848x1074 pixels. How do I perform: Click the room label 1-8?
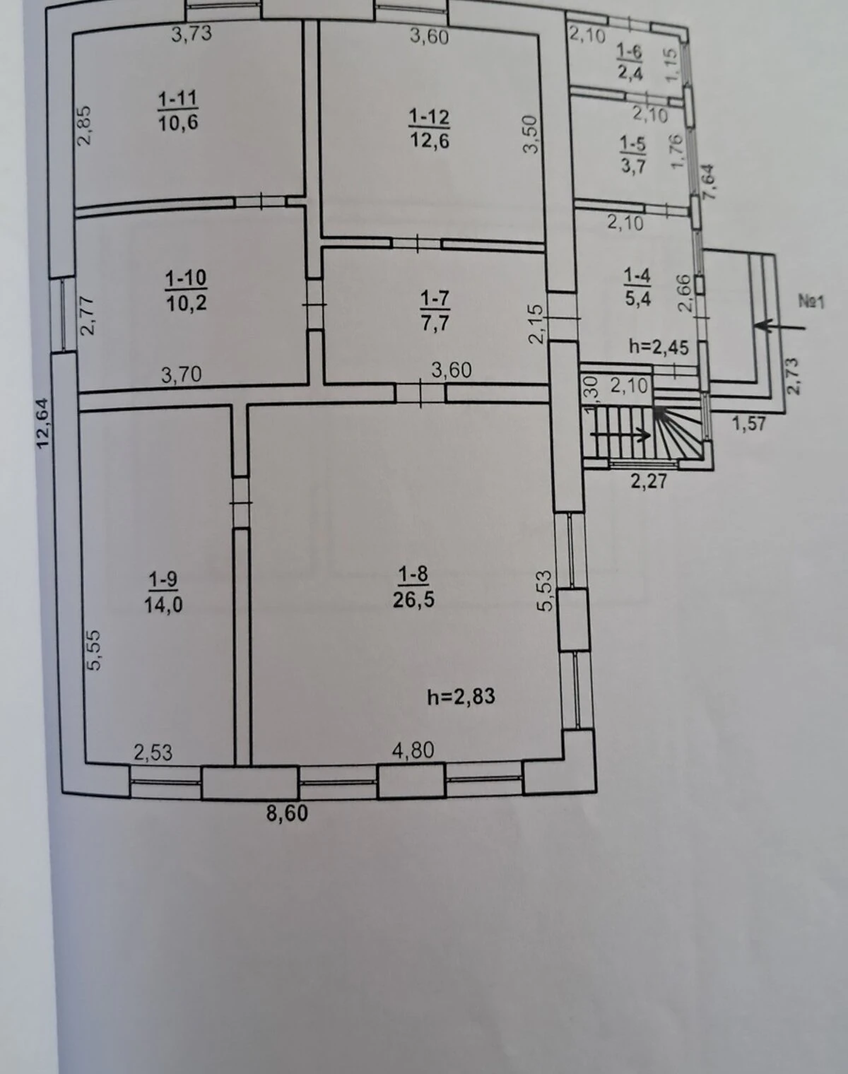[x=413, y=575]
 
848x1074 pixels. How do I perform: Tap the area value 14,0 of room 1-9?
[x=163, y=605]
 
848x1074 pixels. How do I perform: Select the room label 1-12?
[x=429, y=117]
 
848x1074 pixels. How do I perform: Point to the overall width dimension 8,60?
[x=286, y=813]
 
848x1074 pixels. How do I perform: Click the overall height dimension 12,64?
[x=44, y=423]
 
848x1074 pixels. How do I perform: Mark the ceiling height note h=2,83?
[x=461, y=697]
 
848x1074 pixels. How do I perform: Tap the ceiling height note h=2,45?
[x=659, y=346]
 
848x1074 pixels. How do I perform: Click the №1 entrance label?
[x=811, y=302]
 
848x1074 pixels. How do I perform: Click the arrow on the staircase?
[x=621, y=435]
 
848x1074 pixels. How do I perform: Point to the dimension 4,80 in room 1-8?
[x=413, y=750]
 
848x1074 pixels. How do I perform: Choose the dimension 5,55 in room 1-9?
[x=93, y=650]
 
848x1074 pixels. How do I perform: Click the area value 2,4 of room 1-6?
[x=630, y=72]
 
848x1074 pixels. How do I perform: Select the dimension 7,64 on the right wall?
[x=708, y=182]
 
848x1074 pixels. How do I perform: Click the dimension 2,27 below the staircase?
[x=649, y=482]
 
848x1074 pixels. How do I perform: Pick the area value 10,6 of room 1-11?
[x=178, y=122]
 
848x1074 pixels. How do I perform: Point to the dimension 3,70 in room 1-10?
[x=181, y=374]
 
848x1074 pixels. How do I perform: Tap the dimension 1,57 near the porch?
[x=748, y=424]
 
